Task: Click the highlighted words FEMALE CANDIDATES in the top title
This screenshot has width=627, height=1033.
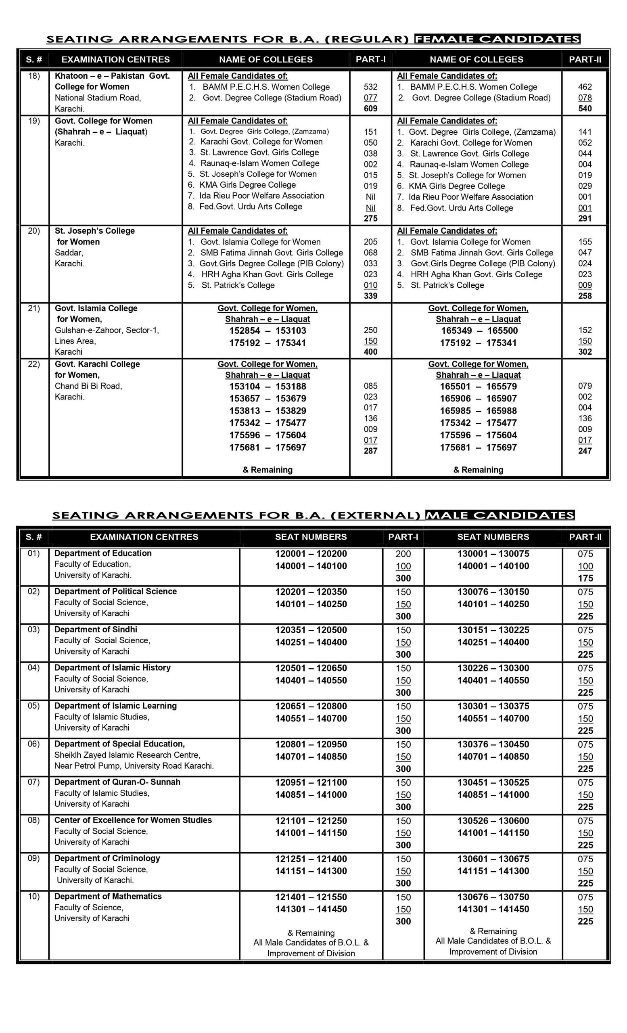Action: coord(497,40)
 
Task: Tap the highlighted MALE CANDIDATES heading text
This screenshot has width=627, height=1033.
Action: coord(500,515)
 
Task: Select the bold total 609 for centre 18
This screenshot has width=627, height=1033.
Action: coord(370,109)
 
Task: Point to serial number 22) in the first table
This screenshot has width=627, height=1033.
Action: coord(34,364)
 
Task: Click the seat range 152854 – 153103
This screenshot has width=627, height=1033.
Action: coord(268,330)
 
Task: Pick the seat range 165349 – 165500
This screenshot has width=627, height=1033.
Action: coord(479,330)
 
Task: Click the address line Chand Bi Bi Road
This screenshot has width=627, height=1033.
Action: coord(88,386)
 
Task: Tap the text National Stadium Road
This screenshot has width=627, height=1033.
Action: coord(98,98)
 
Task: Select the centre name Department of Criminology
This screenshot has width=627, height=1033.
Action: coord(107,858)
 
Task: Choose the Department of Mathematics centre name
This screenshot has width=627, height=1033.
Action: coord(108,896)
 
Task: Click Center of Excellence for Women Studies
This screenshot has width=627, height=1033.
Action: coord(133,820)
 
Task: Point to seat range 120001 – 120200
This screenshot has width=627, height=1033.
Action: coord(311,553)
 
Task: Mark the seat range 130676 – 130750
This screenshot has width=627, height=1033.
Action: coord(493,897)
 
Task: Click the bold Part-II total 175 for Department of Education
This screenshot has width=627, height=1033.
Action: coord(585,578)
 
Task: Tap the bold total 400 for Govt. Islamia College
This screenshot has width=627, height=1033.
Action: coord(370,352)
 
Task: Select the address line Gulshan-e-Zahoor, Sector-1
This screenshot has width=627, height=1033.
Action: coord(107,330)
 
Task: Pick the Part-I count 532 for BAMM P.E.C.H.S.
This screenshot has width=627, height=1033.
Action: coord(370,87)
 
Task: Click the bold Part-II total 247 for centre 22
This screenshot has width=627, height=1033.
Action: coord(585,451)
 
